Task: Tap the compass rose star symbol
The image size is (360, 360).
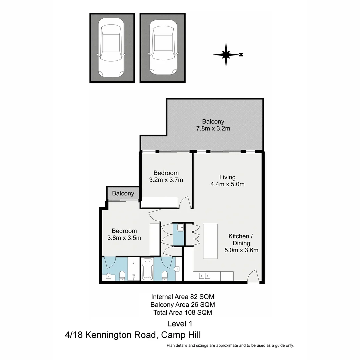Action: tap(226, 54)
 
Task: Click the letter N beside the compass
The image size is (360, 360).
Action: tap(241, 55)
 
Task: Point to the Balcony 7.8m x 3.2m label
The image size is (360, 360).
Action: tap(213, 125)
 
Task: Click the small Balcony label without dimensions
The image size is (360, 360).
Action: tap(123, 193)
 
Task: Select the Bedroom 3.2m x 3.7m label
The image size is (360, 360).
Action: tap(166, 176)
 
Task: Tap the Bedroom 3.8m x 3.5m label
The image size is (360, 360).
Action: tap(124, 234)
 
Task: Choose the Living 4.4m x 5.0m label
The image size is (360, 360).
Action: tap(227, 180)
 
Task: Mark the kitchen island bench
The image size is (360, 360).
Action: tap(210, 241)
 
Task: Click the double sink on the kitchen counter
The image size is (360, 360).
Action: tap(204, 276)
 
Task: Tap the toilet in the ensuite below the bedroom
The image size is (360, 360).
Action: tap(122, 275)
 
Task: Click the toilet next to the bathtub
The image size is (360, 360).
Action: tap(164, 275)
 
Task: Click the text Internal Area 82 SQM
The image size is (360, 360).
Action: tap(183, 296)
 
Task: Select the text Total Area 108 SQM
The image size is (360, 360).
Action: tap(183, 312)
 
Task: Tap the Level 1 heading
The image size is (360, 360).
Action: tap(180, 323)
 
